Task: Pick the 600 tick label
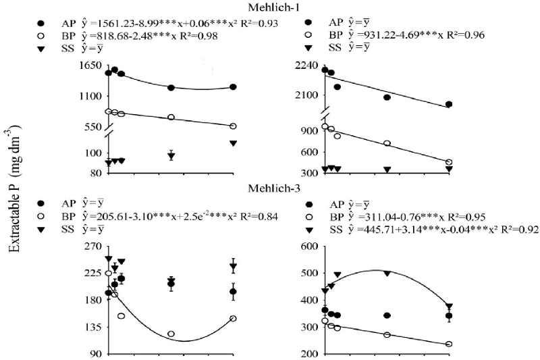coord(304,247)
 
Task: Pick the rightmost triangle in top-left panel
coord(233,143)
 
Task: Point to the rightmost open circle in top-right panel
coord(449,162)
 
